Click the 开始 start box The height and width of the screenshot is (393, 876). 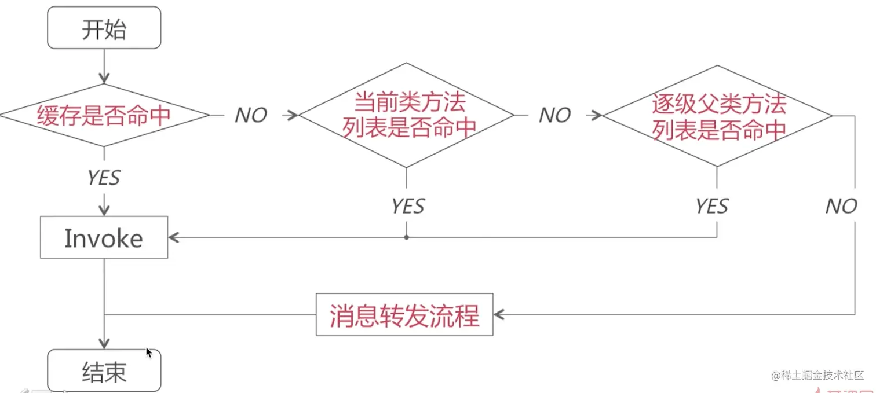[x=104, y=28]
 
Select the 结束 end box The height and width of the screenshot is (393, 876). [x=104, y=371]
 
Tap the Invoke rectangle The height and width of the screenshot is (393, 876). [x=104, y=237]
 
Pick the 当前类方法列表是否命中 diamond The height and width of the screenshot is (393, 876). [x=406, y=116]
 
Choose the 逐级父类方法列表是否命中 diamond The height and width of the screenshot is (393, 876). [x=718, y=116]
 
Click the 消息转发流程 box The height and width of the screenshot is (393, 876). [x=404, y=315]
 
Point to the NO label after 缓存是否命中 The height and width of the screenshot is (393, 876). [x=250, y=116]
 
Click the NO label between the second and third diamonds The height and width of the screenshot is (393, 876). [x=554, y=116]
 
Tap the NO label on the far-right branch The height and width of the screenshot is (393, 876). [x=841, y=206]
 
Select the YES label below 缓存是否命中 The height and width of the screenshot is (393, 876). [x=104, y=178]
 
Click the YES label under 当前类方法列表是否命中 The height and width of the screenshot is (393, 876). [x=407, y=206]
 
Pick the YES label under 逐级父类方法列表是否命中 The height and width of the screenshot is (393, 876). [x=711, y=206]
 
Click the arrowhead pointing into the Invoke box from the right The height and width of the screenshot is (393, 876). [x=173, y=237]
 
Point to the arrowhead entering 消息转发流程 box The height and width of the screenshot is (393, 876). [x=498, y=315]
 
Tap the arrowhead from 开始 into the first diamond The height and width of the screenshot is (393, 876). [x=104, y=78]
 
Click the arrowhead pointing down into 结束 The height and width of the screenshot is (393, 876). [x=104, y=343]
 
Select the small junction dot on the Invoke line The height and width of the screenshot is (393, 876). [x=406, y=237]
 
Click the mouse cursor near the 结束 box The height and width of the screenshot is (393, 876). [x=149, y=352]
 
